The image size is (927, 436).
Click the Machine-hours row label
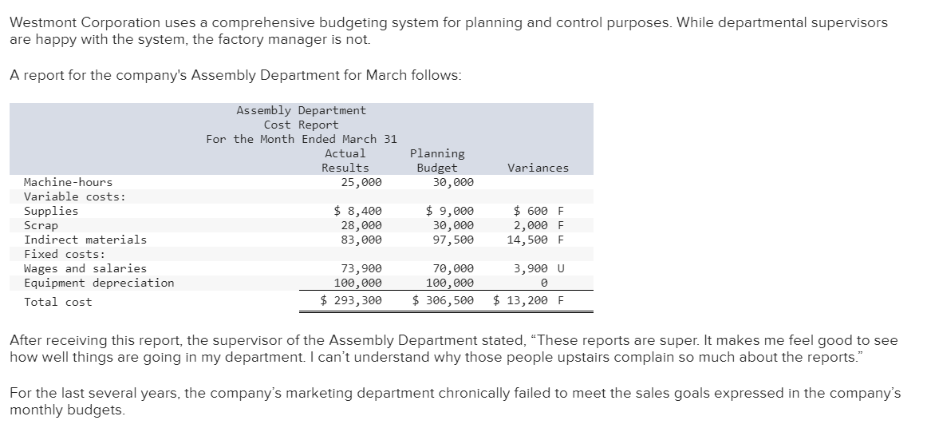69,182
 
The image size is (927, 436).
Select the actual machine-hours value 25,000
361,182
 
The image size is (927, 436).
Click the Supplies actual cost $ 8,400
357,211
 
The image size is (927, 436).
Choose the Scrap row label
41,225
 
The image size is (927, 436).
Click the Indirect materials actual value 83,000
361,240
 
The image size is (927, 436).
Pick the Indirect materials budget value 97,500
452,240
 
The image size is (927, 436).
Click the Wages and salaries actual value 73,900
361,268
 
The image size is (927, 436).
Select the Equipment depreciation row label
99,283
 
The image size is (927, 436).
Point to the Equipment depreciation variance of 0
543,283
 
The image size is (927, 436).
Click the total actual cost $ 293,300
351,301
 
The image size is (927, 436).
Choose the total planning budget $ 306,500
444,301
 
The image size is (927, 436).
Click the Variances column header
538,168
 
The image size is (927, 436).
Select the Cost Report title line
301,125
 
